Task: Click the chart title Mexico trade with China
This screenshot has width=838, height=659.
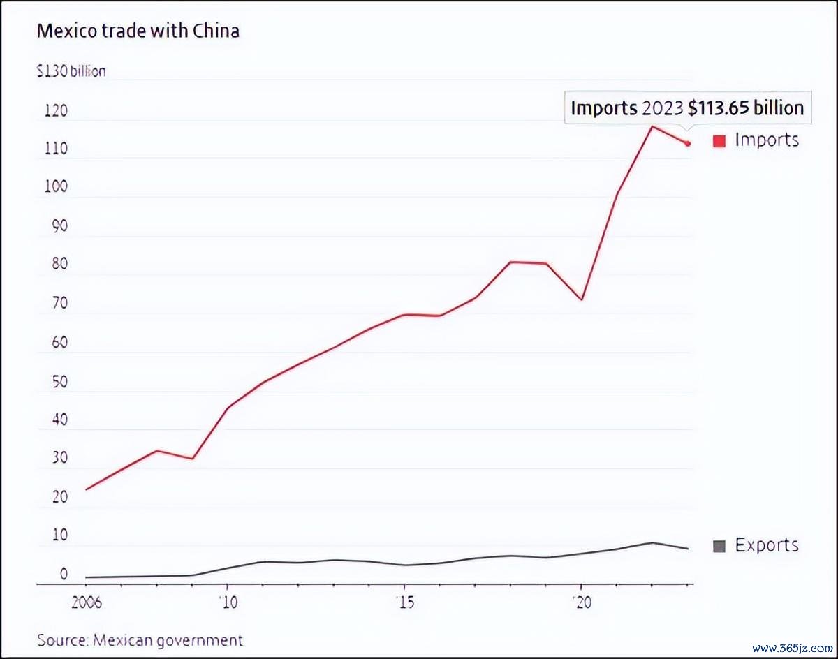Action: coord(138,31)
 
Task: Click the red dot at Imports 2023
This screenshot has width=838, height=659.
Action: coord(688,144)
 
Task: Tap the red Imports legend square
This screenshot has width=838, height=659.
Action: coord(719,141)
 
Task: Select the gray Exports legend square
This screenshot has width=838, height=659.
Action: coord(719,546)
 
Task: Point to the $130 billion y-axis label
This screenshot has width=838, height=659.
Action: coord(71,71)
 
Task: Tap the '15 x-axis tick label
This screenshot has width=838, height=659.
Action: coord(404,602)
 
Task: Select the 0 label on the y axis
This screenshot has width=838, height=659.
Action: coord(64,575)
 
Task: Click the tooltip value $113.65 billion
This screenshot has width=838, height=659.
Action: coord(746,108)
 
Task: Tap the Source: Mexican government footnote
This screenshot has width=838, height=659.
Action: coord(140,640)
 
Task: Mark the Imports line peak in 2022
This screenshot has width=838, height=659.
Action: coord(652,126)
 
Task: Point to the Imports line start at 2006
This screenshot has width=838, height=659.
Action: coord(85,489)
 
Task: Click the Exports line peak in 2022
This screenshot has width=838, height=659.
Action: coord(652,542)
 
